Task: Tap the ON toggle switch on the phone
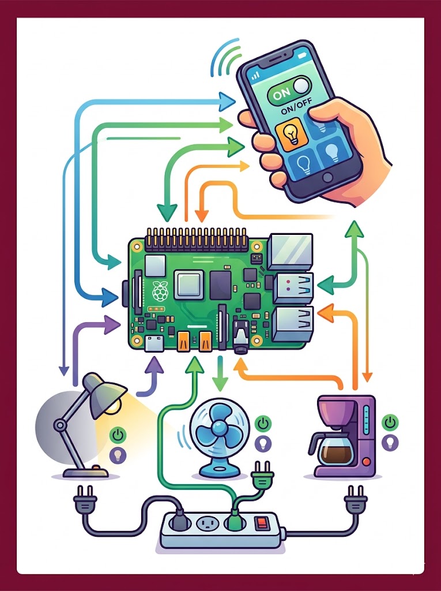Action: pos(289,91)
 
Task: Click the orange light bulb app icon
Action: pos(291,134)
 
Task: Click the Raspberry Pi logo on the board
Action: pos(160,291)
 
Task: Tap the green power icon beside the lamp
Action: pos(118,435)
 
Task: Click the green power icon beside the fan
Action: pos(263,423)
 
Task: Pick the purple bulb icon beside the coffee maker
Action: pos(390,442)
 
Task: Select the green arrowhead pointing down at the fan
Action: pos(220,384)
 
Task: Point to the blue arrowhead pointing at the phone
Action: pos(227,102)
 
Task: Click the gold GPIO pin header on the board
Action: pos(196,239)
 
